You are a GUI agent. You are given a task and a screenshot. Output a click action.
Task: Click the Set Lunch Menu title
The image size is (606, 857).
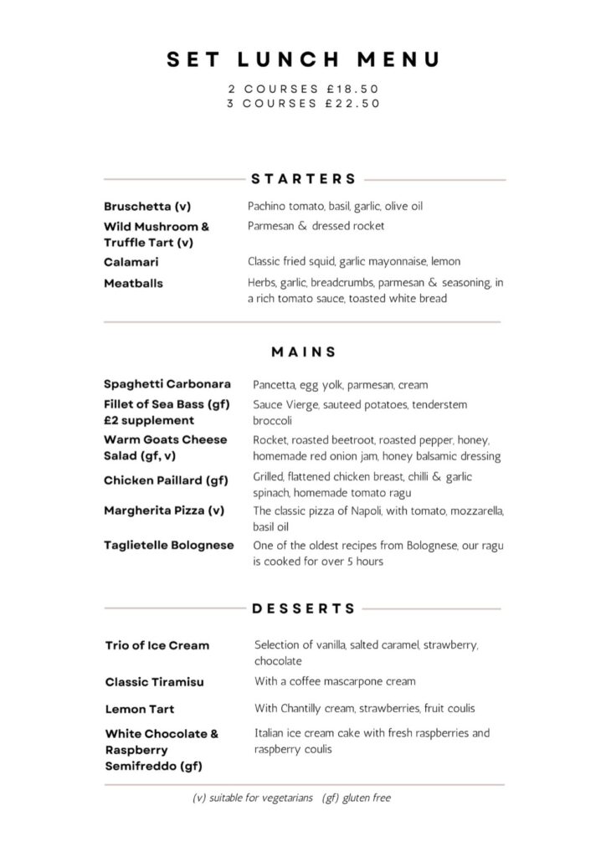303,59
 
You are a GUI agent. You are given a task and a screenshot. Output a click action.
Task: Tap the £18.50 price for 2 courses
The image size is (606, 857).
352,89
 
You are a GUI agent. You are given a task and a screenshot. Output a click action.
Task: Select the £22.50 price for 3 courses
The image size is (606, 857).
352,104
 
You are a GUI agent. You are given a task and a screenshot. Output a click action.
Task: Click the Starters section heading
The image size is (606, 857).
304,179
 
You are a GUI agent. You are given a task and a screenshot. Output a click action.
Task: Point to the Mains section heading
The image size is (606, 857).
304,352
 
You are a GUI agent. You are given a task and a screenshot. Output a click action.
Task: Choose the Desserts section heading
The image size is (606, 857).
304,608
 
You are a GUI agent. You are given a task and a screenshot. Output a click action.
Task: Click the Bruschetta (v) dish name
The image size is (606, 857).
147,206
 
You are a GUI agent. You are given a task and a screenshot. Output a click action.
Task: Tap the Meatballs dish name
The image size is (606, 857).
133,284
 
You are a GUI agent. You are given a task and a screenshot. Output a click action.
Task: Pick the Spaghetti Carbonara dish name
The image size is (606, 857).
167,385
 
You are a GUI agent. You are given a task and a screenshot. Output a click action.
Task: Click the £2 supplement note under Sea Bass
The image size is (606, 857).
148,421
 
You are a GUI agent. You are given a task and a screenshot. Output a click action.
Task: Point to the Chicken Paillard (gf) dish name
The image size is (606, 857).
166,480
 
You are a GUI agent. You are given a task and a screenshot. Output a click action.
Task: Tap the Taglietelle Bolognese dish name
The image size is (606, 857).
168,546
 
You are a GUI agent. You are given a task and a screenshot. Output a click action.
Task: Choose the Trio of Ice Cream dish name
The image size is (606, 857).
157,646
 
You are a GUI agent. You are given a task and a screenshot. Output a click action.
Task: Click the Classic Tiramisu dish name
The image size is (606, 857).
155,682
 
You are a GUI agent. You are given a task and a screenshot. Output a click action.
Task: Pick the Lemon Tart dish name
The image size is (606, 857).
140,710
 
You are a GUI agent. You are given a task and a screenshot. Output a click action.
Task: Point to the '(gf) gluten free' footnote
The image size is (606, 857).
356,798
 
